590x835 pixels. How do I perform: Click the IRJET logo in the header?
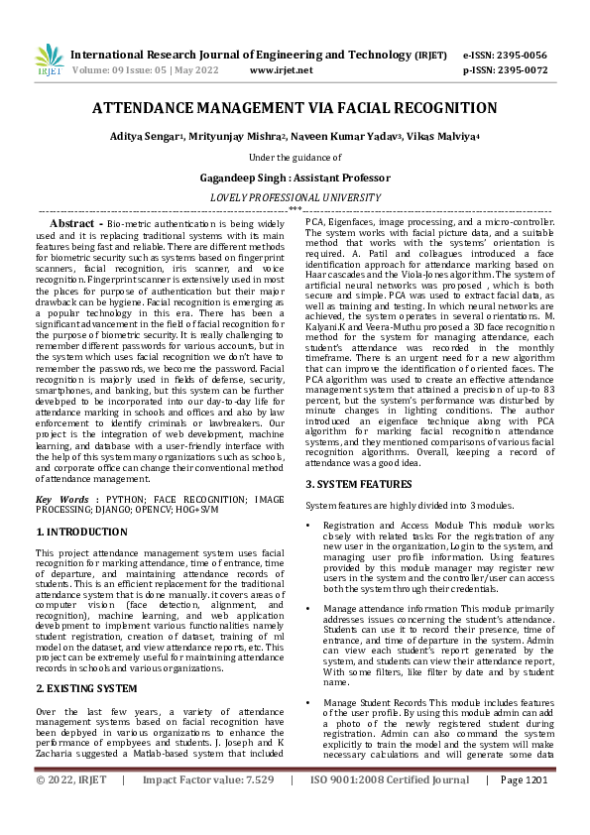click(50, 61)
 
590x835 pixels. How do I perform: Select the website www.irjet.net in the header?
click(282, 70)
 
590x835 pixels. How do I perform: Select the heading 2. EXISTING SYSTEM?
click(86, 659)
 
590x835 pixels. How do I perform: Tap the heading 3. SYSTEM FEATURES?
click(358, 483)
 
